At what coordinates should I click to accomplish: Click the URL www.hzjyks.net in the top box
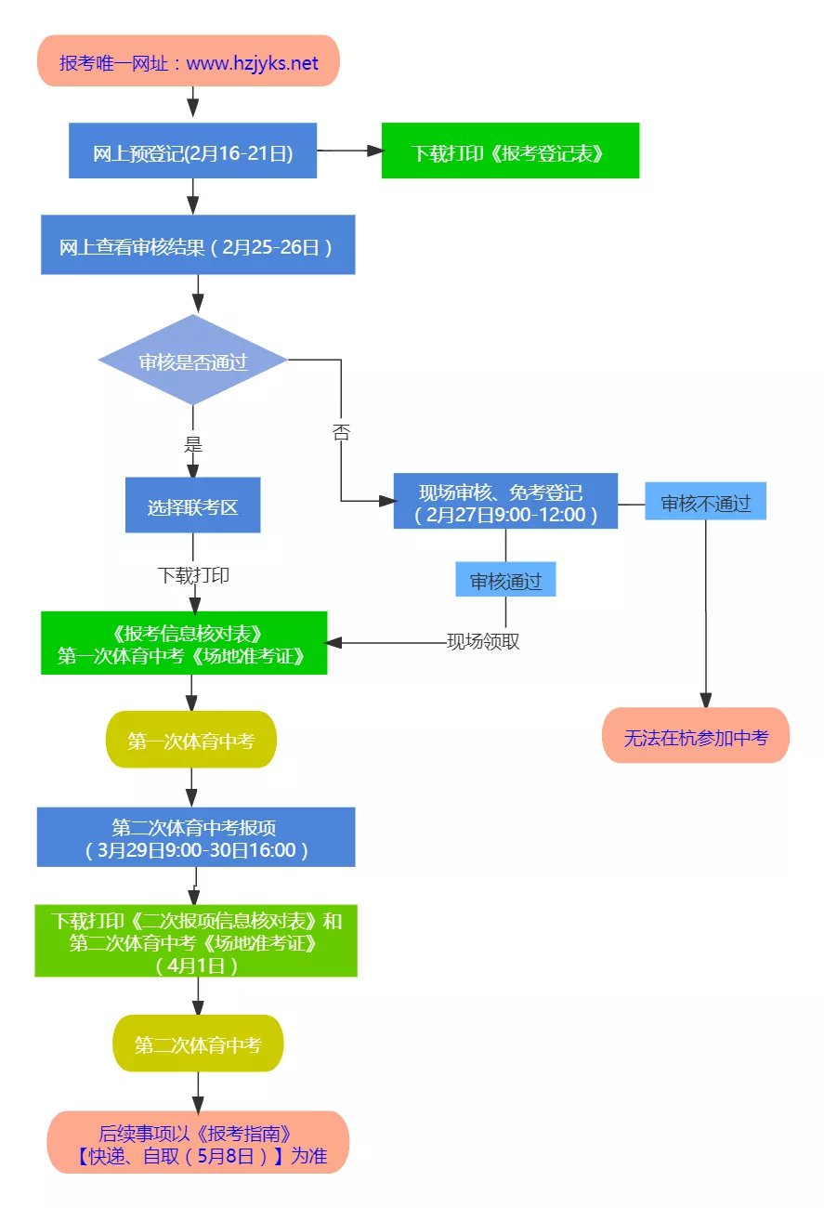252,63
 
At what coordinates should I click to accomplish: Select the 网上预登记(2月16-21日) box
193,151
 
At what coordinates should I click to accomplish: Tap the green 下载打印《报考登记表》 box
510,151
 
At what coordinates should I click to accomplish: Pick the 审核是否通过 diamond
193,361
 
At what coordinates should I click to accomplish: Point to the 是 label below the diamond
193,445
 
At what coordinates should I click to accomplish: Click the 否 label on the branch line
341,433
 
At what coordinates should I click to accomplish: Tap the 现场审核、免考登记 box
505,502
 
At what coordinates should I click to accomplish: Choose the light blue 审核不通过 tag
705,502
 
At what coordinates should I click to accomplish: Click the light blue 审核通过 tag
505,580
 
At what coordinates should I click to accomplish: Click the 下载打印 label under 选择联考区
193,575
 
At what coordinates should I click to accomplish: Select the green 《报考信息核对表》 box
184,643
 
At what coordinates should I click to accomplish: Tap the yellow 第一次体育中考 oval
191,740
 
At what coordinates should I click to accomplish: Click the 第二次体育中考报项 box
196,837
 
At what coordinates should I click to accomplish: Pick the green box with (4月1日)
196,940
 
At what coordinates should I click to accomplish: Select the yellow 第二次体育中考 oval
198,1044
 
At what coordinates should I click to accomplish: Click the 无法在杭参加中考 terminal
696,736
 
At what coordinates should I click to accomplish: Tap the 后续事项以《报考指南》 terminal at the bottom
198,1142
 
